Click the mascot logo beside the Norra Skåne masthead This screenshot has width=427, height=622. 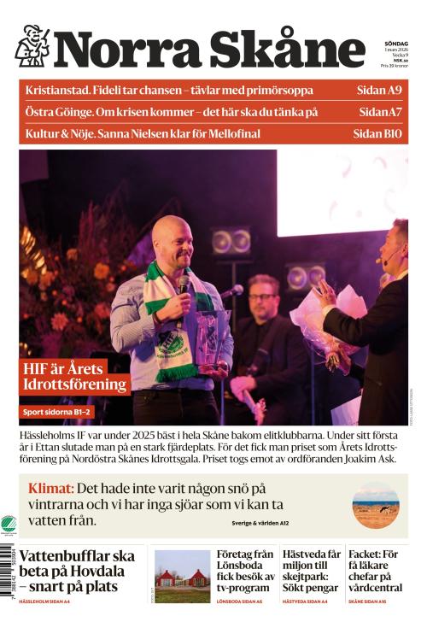[32, 46]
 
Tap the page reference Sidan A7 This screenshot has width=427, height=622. [380, 112]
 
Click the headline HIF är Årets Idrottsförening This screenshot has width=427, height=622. [77, 377]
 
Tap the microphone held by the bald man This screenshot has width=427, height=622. [183, 285]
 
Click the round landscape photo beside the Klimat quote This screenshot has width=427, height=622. [375, 505]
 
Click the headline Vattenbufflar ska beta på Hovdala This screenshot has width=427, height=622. [77, 571]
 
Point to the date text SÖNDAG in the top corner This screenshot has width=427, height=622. [395, 43]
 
